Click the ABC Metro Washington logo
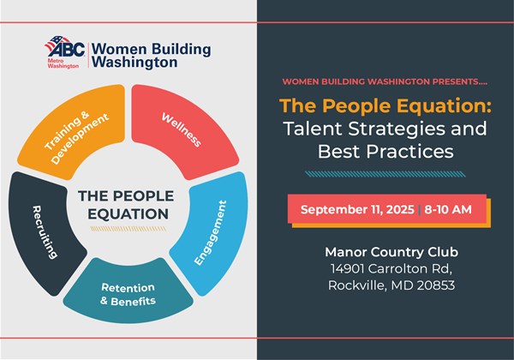[x=65, y=51]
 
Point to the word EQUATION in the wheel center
[x=128, y=214]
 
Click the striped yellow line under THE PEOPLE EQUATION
[x=128, y=229]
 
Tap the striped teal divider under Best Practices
[x=385, y=174]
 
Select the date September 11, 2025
[x=357, y=209]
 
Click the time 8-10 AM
[x=448, y=209]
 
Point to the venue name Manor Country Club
[x=391, y=252]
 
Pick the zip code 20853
[x=436, y=285]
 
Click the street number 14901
[x=347, y=269]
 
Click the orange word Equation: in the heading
[x=444, y=106]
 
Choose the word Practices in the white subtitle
[x=409, y=151]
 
